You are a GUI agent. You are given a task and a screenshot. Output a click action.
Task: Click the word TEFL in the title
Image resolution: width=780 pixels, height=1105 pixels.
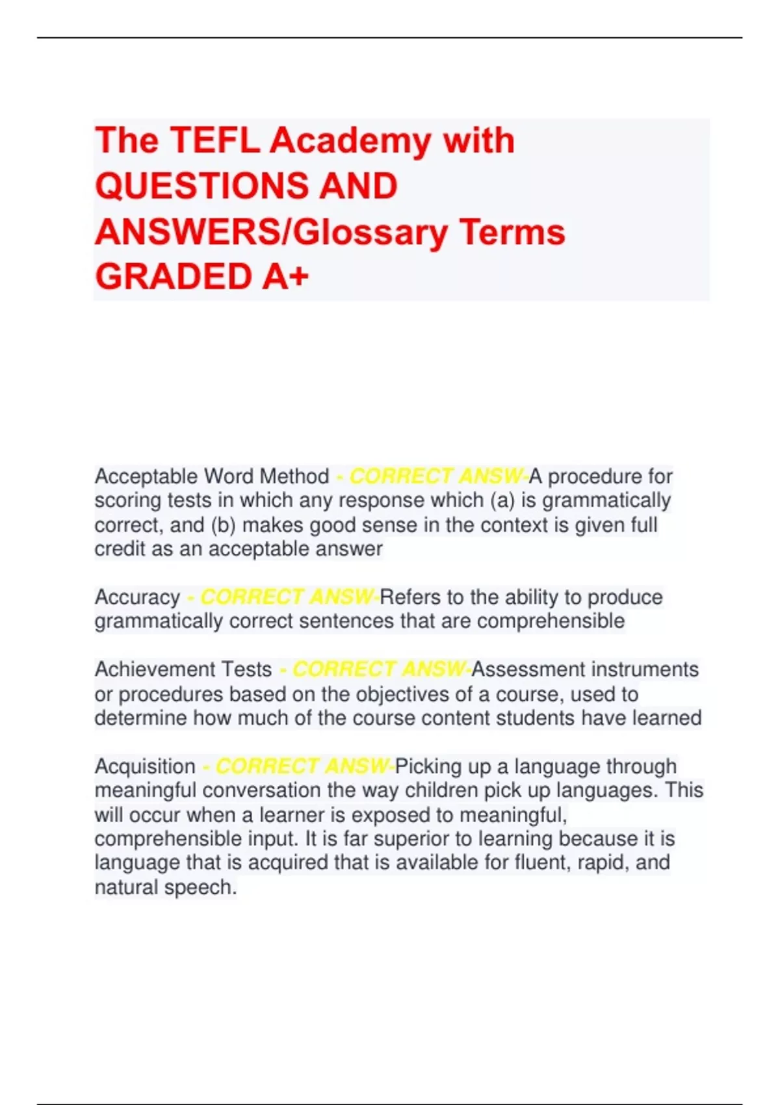pos(214,140)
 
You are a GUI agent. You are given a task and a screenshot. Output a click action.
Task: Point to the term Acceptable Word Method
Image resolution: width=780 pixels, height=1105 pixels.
pos(212,476)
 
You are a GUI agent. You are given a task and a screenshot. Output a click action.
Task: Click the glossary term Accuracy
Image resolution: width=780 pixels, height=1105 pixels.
pos(137,597)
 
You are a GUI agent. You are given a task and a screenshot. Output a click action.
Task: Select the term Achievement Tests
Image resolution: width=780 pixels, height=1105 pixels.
pos(183,669)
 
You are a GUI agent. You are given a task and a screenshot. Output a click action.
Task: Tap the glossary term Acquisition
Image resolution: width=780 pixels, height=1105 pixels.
pos(145,766)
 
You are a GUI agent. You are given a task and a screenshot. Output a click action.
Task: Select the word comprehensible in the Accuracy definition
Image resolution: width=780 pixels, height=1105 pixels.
pos(551,621)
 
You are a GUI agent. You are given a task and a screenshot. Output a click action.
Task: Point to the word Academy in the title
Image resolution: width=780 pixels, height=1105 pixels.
pos(350,140)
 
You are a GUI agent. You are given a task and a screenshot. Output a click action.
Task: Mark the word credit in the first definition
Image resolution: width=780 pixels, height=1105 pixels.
pos(120,549)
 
